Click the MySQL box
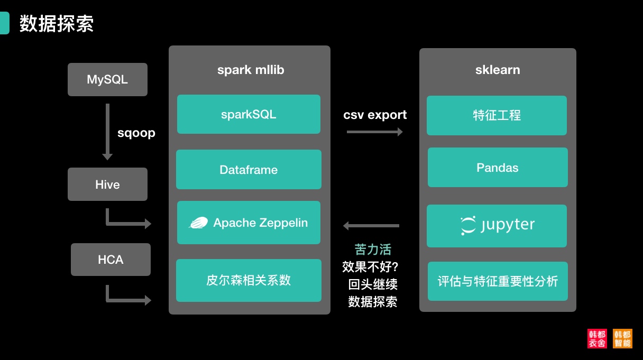pos(107,80)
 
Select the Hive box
pos(107,184)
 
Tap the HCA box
pos(111,260)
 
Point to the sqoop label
pos(136,133)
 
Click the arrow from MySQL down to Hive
pos(107,132)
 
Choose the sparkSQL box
pos(249,114)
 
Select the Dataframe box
pos(249,170)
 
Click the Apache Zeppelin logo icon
pos(198,223)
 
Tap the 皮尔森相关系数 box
pos(249,280)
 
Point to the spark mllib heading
pos(251,70)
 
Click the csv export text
pos(375,115)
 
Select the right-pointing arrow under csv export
pos(374,132)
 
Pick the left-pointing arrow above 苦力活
pos(371,226)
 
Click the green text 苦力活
pos(373,250)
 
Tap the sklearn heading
pos(498,70)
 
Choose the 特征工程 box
pos(497,115)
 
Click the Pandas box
pos(498,168)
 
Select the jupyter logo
pos(497,226)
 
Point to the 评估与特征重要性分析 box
pos(498,281)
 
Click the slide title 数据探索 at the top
pos(57,24)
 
